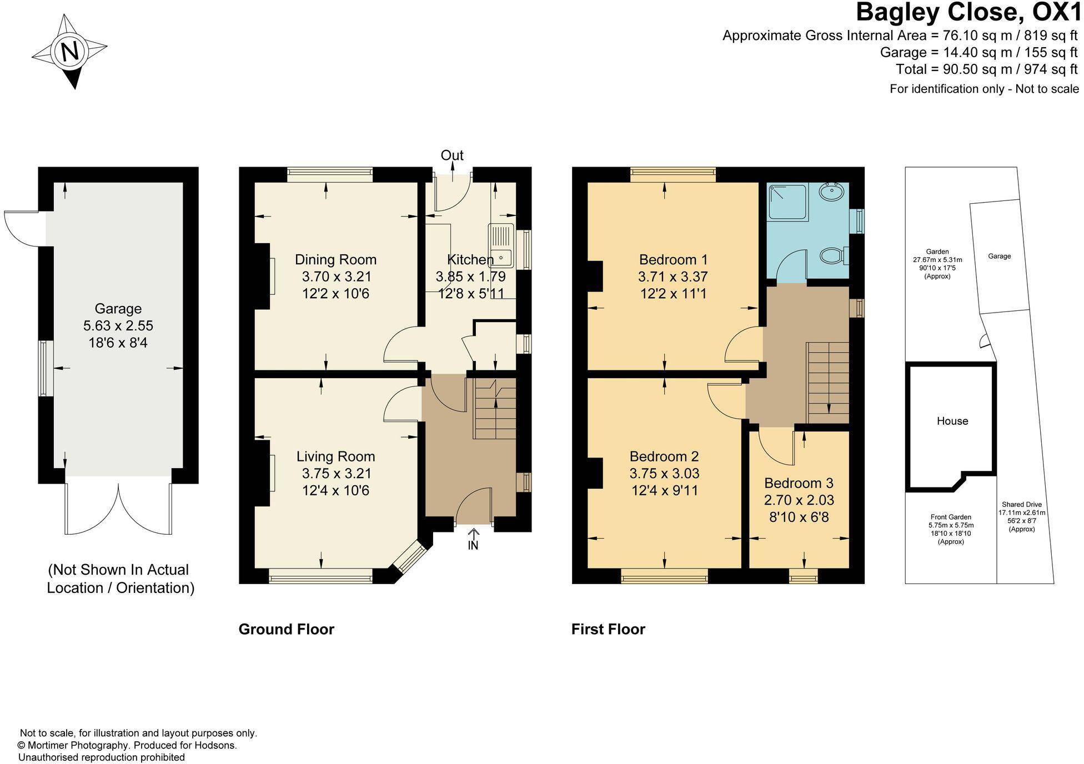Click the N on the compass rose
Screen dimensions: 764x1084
click(70, 52)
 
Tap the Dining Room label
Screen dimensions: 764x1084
click(335, 259)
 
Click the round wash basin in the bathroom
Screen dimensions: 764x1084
click(831, 193)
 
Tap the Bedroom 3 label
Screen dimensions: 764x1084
click(799, 482)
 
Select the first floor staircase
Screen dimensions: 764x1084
click(827, 383)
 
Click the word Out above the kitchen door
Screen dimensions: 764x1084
click(452, 155)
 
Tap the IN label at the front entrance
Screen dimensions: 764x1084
click(473, 546)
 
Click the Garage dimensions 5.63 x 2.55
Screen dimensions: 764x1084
click(118, 326)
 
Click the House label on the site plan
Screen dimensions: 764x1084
click(952, 421)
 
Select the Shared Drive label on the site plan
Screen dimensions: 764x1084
click(1021, 505)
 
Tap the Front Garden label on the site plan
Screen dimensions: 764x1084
click(951, 517)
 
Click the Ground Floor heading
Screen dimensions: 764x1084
click(286, 629)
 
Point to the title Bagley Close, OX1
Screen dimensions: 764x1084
click(968, 12)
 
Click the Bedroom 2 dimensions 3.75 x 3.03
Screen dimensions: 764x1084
click(664, 474)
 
